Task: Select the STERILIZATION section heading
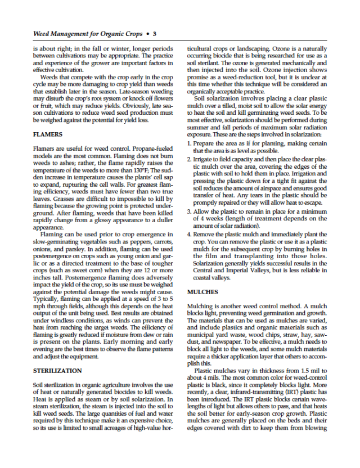point(57,371)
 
